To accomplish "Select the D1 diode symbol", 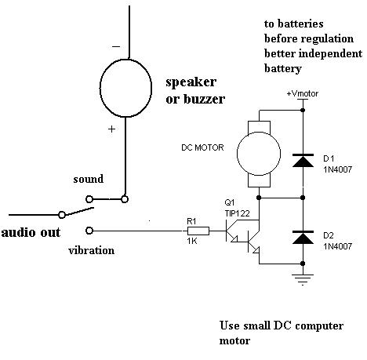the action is [x=303, y=161].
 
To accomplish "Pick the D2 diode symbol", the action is [x=303, y=238].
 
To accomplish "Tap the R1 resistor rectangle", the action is [x=198, y=231].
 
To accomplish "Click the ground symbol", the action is [x=303, y=279].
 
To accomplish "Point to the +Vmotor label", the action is [x=303, y=93].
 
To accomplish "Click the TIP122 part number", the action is [x=238, y=213].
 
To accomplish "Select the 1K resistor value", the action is [x=192, y=241].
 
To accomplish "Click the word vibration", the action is [x=92, y=250].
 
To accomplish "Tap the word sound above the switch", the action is [x=89, y=179].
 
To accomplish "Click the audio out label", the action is [x=31, y=232].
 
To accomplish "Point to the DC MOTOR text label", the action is [x=202, y=147].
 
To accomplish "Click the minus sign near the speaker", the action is [x=116, y=47].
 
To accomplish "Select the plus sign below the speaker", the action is [x=111, y=129].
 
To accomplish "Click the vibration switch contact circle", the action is [x=89, y=231].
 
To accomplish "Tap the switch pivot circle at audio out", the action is [x=62, y=215].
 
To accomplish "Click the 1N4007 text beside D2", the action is [x=338, y=246].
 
